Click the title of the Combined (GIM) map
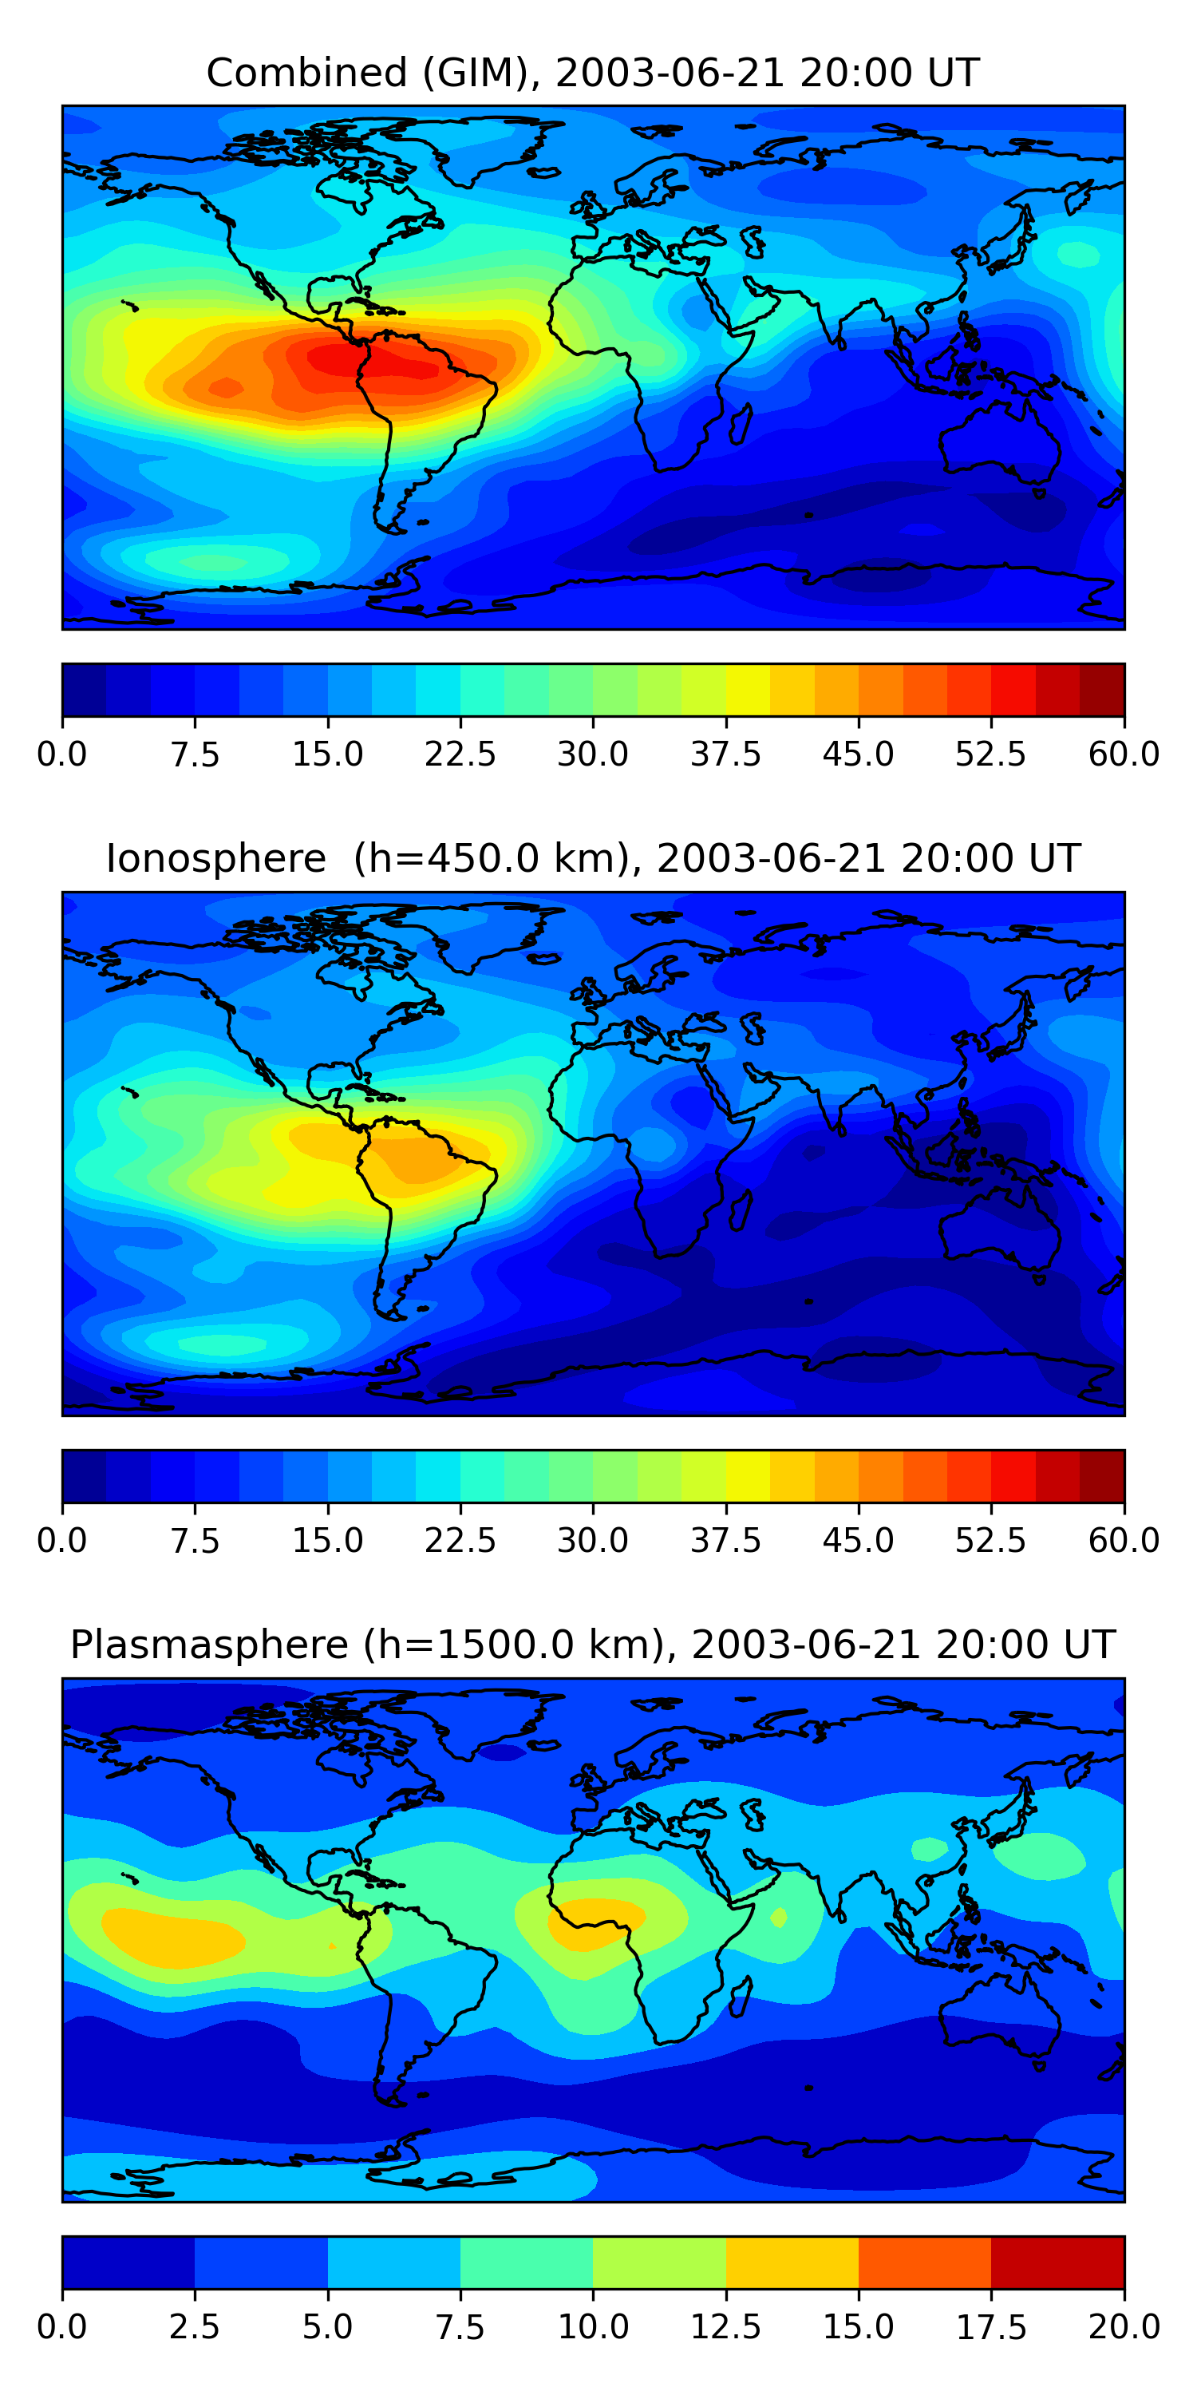click(x=593, y=73)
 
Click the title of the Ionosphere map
click(x=593, y=858)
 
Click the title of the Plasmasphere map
click(x=593, y=1645)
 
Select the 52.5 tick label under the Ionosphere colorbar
click(x=990, y=1541)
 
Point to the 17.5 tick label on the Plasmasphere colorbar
click(x=990, y=2327)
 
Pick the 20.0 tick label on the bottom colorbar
click(x=1124, y=2327)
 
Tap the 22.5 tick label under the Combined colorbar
click(x=460, y=754)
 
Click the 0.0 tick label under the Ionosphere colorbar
click(x=62, y=1541)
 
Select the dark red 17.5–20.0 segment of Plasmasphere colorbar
click(x=1057, y=2262)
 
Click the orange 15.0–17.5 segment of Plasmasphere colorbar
click(x=925, y=2262)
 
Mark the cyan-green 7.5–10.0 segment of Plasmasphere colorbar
click(x=526, y=2262)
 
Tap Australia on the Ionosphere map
click(x=999, y=1227)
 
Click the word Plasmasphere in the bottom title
click(x=209, y=1645)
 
